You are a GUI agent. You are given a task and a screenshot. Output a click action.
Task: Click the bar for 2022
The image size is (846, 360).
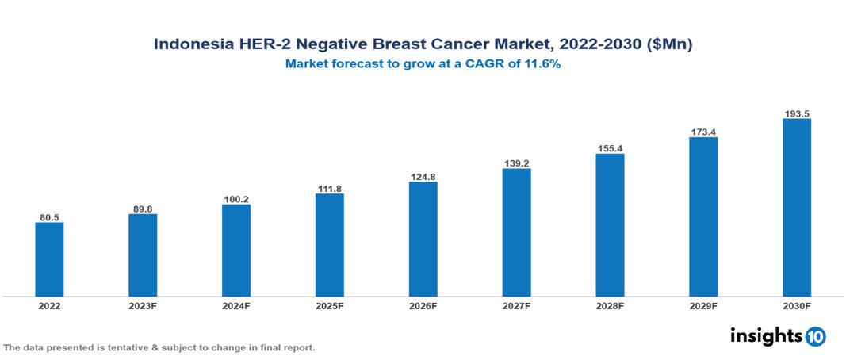click(x=49, y=259)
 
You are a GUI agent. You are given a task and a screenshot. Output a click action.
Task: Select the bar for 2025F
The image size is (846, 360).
click(x=329, y=245)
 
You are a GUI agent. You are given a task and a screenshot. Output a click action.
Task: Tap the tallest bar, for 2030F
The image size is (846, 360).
click(x=796, y=208)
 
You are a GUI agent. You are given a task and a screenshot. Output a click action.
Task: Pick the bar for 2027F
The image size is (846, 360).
click(x=516, y=232)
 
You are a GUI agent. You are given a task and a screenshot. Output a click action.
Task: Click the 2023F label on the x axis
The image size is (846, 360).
click(x=143, y=305)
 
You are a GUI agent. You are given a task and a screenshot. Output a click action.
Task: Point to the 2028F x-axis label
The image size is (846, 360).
click(x=610, y=305)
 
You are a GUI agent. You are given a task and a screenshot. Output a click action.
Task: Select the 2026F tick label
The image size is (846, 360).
click(x=423, y=305)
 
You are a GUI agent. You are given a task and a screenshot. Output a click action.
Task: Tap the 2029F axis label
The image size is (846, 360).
click(x=703, y=305)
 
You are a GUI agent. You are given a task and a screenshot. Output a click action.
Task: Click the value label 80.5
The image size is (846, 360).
click(x=49, y=216)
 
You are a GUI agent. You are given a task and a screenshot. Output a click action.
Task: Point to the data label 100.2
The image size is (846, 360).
click(x=236, y=199)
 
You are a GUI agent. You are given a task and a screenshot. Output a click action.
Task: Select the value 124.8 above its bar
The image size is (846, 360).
click(x=423, y=176)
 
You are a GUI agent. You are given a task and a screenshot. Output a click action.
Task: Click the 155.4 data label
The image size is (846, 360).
click(x=610, y=148)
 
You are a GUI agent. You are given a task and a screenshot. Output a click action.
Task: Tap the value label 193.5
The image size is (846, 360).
click(x=796, y=113)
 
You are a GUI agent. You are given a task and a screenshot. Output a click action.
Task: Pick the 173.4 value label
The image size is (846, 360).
click(x=703, y=132)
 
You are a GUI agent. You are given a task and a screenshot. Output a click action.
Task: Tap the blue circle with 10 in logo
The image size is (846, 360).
click(x=815, y=337)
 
